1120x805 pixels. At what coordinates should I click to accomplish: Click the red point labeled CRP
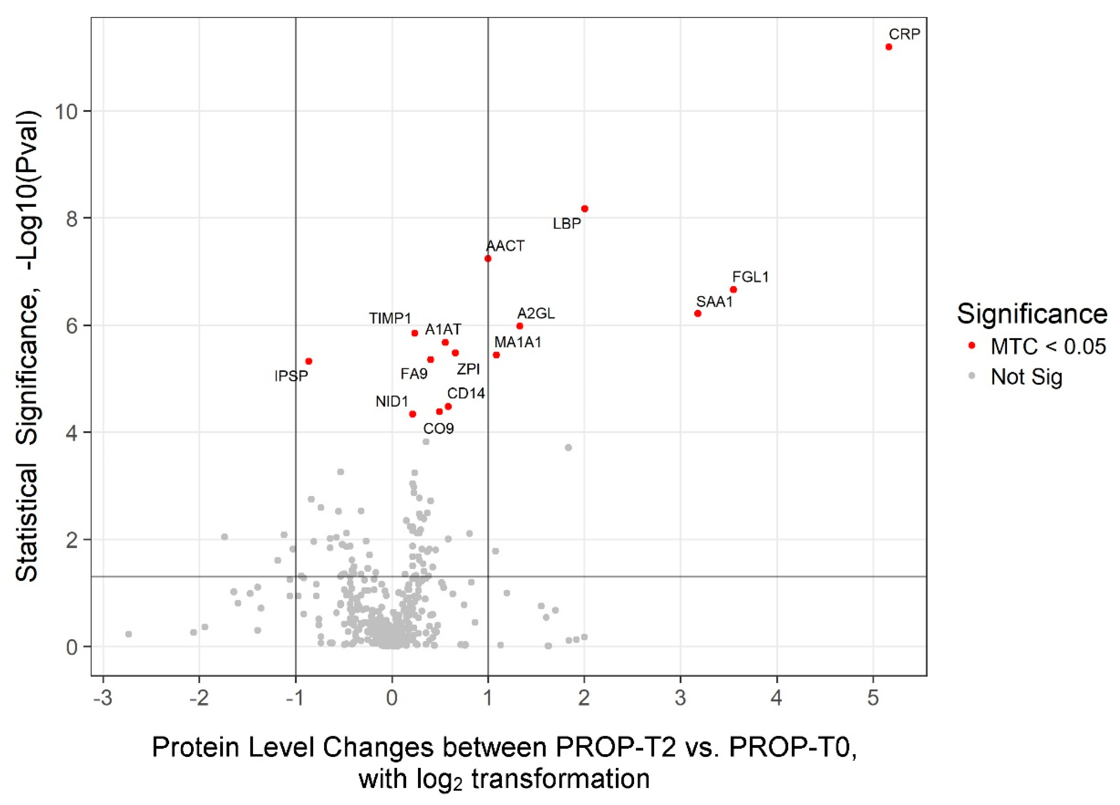pyautogui.click(x=888, y=47)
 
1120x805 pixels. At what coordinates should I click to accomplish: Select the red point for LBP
pyautogui.click(x=584, y=209)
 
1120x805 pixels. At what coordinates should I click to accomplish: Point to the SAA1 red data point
pyautogui.click(x=697, y=314)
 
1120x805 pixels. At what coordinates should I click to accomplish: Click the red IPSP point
pyautogui.click(x=309, y=361)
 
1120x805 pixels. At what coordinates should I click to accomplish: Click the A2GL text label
pyautogui.click(x=536, y=314)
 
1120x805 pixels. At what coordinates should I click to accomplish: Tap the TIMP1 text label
pyautogui.click(x=390, y=318)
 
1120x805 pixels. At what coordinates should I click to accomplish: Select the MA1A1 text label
pyautogui.click(x=518, y=342)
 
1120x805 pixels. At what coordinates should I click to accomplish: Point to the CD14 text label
pyautogui.click(x=466, y=393)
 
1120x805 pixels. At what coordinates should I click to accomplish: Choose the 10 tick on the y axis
pyautogui.click(x=66, y=112)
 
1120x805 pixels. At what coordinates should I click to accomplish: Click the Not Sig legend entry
pyautogui.click(x=1026, y=377)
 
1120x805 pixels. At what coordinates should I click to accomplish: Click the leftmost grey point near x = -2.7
pyautogui.click(x=128, y=634)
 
